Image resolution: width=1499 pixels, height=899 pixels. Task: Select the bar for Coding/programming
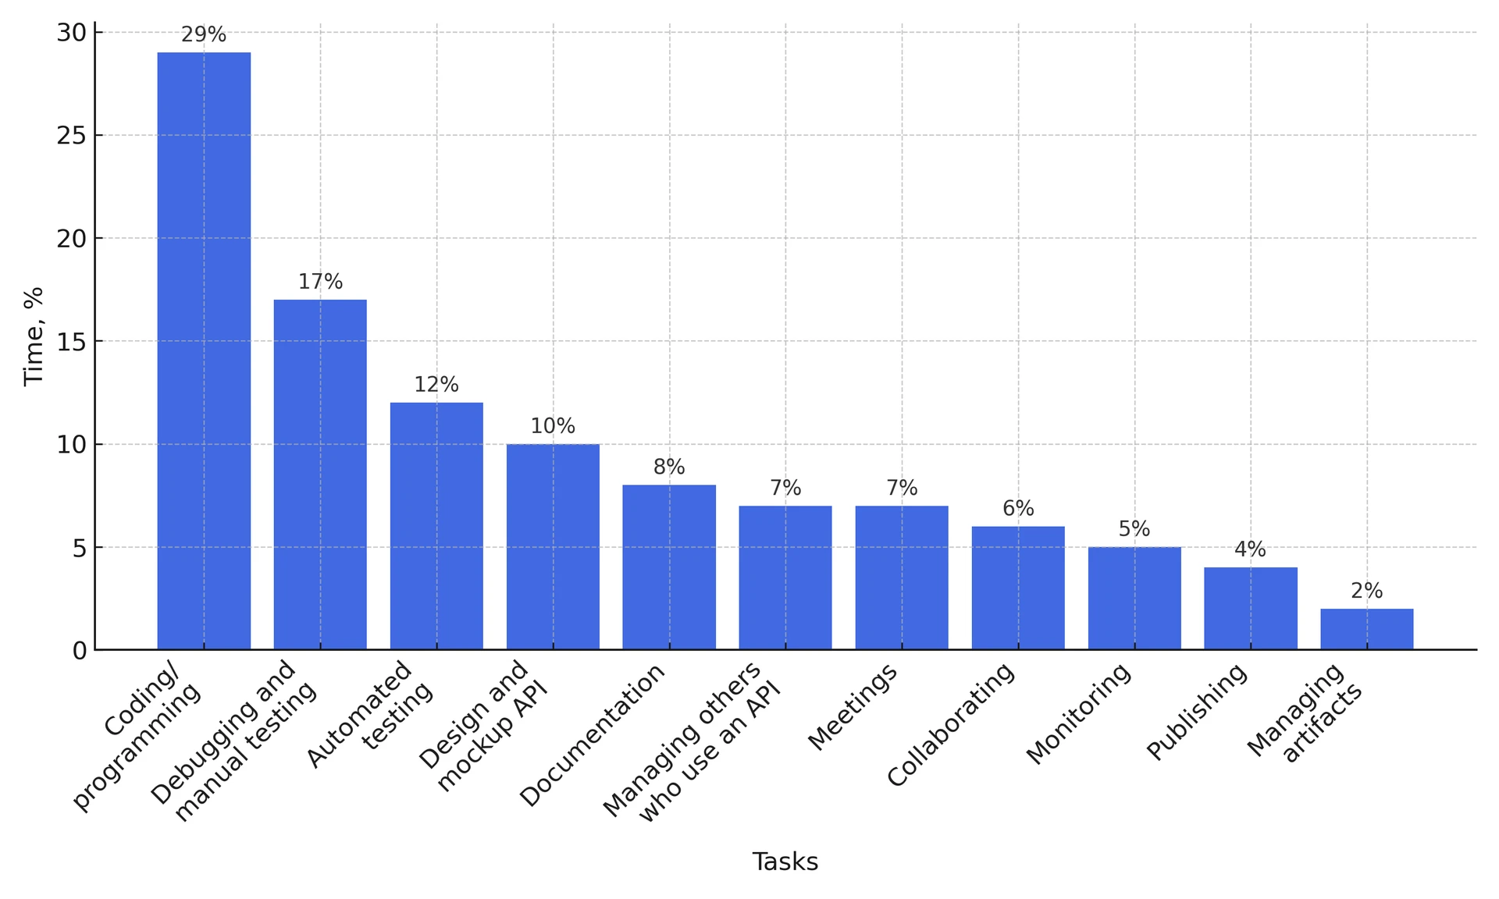204,351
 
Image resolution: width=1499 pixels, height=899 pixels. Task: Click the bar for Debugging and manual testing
320,474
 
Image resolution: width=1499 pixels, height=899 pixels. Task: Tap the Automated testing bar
436,526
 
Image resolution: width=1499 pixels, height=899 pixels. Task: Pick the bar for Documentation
669,567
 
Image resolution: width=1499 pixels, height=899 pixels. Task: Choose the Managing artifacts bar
1366,629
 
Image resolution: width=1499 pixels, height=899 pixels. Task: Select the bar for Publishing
1250,609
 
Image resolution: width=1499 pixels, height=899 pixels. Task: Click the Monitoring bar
1134,599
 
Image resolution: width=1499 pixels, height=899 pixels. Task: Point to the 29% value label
204,35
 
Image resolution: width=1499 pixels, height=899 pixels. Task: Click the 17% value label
320,282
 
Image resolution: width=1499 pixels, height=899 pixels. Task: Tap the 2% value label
1366,592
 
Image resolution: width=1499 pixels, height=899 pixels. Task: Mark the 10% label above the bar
553,426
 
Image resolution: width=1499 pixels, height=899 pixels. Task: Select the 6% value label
1018,509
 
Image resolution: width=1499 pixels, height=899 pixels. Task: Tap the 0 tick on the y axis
79,651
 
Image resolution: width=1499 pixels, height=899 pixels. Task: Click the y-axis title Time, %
34,336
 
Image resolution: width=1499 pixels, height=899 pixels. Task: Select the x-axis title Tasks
785,862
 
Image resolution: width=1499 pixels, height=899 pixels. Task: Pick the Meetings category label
853,709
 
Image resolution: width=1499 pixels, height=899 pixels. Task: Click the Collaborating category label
951,725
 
